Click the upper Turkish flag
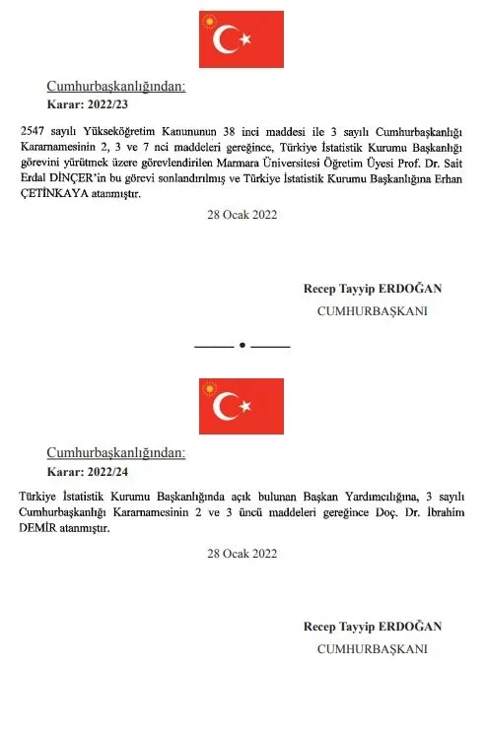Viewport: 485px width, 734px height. coord(242,39)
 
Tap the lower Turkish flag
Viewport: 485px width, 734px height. coord(242,406)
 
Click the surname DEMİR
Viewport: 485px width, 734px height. coord(39,528)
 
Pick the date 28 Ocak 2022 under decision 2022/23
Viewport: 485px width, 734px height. coord(242,215)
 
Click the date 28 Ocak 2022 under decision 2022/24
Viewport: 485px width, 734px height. coord(242,554)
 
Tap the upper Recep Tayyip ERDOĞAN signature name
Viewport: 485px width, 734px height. coord(373,289)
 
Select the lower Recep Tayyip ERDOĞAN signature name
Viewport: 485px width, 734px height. coord(373,627)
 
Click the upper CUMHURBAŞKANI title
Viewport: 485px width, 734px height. coord(372,311)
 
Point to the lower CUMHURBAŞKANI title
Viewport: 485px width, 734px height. coord(372,649)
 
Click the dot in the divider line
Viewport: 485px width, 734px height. coord(242,347)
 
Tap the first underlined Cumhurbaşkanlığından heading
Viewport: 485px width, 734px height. coord(116,87)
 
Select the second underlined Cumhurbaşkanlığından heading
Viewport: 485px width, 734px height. coord(116,452)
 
